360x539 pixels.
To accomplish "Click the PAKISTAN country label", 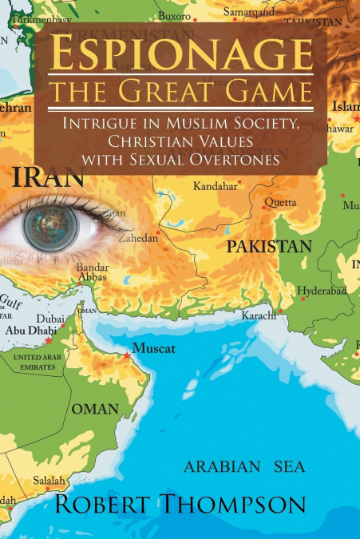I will click(x=268, y=247).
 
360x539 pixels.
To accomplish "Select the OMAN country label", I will click(x=95, y=409).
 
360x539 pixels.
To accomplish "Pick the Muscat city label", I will click(x=153, y=347).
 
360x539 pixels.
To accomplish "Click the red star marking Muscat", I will click(x=126, y=355).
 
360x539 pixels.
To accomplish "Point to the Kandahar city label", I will click(x=216, y=186).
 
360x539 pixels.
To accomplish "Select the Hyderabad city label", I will click(x=322, y=291).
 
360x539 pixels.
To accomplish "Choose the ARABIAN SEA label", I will click(x=244, y=467).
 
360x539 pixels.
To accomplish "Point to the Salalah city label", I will click(x=47, y=481).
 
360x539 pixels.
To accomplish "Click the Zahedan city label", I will click(x=140, y=237).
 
